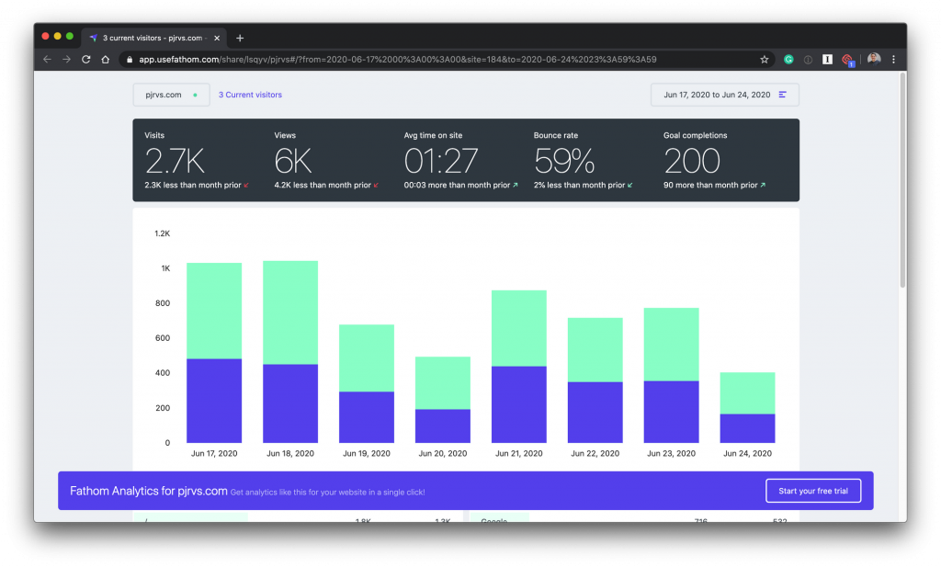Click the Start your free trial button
[812, 491]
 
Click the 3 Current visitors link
[250, 95]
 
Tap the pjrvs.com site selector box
[170, 95]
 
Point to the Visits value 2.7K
[175, 162]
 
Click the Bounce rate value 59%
[564, 162]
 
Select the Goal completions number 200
[692, 162]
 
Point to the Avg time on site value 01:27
[441, 162]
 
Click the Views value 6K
[293, 162]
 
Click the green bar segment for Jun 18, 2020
[290, 312]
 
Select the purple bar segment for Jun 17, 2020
[214, 401]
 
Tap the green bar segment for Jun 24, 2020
[747, 393]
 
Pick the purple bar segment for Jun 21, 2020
[519, 404]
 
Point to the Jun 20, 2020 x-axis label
[443, 454]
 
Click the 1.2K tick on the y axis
[162, 233]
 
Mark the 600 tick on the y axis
[162, 338]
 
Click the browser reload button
[86, 59]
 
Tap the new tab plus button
[240, 38]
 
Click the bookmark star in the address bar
[764, 59]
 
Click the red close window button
[44, 36]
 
